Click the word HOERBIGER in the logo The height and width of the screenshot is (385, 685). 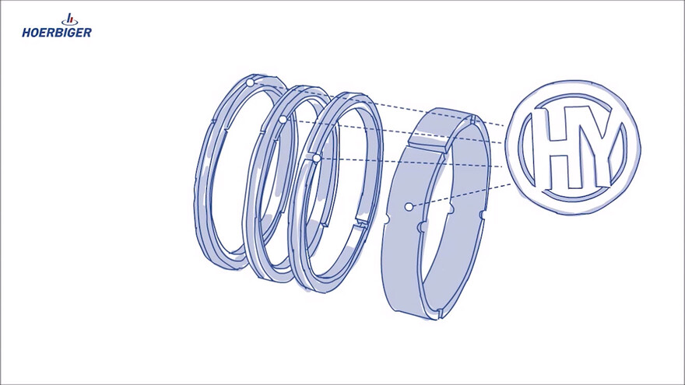tap(57, 33)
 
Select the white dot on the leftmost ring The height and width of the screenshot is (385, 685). tap(250, 82)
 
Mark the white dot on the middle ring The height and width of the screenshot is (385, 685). tap(283, 120)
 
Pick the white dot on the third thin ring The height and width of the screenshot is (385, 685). tap(316, 158)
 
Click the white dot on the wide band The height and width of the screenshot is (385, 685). tap(409, 207)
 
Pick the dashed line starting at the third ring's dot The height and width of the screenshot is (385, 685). tap(413, 162)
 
